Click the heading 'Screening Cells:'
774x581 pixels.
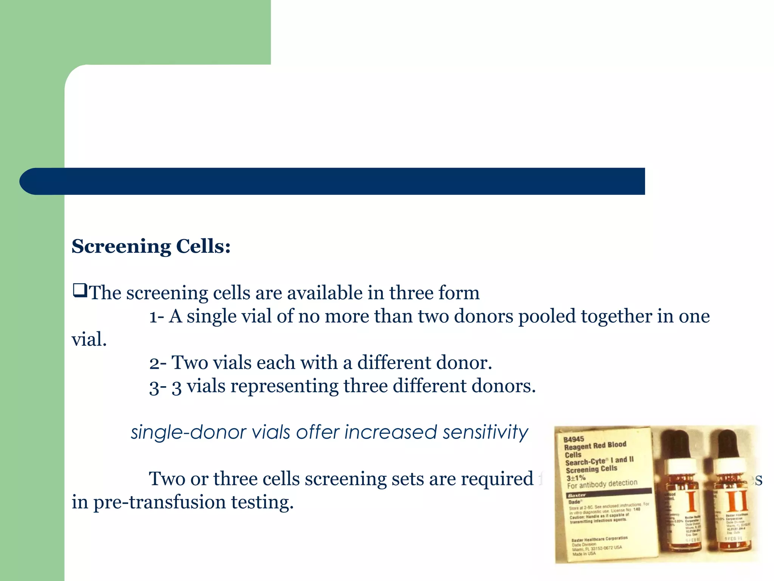(151, 246)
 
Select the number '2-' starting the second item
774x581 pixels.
(158, 363)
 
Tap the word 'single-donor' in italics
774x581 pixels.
(188, 432)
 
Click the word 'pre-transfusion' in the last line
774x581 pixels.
(159, 503)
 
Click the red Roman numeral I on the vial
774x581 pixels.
(691, 501)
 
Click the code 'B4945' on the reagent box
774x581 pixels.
(573, 439)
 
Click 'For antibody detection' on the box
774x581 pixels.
(602, 484)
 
